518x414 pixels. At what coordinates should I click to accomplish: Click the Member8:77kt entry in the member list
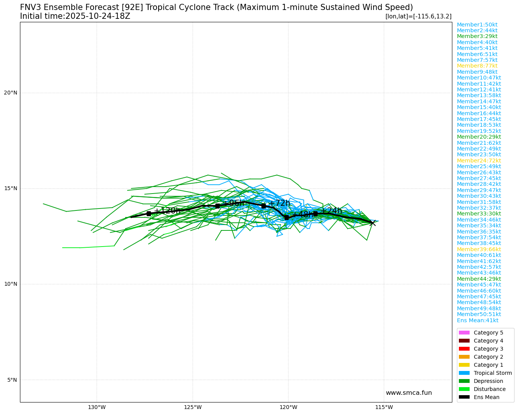tap(477, 66)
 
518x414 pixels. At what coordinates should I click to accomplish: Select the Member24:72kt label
tap(478, 161)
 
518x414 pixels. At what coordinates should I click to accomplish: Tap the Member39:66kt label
tap(478, 249)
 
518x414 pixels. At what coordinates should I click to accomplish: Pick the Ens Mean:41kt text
tap(477, 320)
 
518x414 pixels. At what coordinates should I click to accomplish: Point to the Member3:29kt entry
tap(477, 36)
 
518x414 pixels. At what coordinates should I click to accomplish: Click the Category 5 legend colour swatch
tap(464, 333)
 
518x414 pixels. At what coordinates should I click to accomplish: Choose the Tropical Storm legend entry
tap(492, 373)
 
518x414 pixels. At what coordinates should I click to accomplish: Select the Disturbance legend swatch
tap(464, 389)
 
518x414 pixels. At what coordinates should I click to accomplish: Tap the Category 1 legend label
tap(488, 365)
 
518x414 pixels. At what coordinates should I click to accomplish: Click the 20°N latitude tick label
tap(11, 93)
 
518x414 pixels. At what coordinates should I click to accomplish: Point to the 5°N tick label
tap(12, 380)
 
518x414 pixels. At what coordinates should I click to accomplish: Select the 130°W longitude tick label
tap(97, 407)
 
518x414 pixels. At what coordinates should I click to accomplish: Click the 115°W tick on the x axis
tap(384, 407)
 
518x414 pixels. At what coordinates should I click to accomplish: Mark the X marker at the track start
tap(372, 223)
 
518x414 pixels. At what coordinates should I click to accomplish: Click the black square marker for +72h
tap(263, 206)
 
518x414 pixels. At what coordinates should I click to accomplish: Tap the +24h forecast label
tap(331, 211)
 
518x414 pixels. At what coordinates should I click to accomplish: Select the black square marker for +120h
tap(149, 214)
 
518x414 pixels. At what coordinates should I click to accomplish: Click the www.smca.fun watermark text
tap(409, 392)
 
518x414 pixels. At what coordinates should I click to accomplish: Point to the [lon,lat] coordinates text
tap(418, 17)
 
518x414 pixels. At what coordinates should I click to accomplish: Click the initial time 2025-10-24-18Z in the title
tap(98, 16)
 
